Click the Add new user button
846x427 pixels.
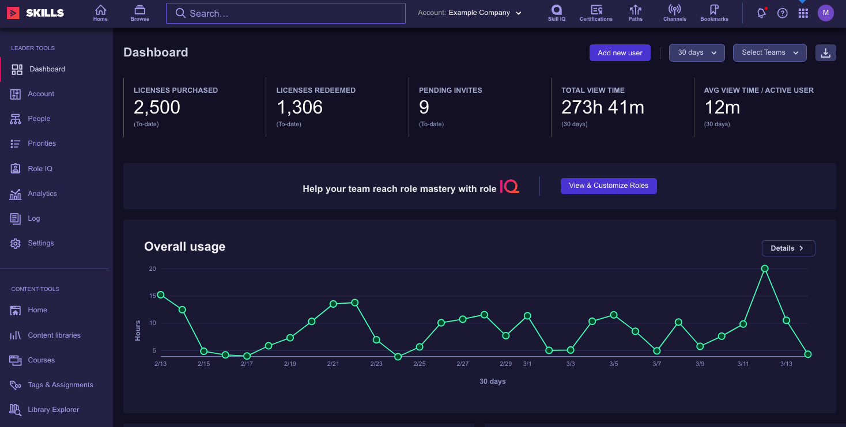(620, 53)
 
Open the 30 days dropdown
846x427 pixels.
(696, 53)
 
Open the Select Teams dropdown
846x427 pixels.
(769, 53)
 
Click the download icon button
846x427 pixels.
(825, 53)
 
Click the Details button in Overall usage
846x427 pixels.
(788, 248)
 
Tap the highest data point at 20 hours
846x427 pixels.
(765, 269)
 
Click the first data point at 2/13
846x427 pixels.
(161, 295)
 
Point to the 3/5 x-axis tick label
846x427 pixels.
(614, 364)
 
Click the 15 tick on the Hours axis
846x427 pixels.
(153, 296)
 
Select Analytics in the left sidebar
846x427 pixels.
(42, 194)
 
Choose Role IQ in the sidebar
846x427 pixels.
(40, 169)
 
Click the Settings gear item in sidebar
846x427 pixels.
(40, 243)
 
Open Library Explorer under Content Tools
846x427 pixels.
(53, 410)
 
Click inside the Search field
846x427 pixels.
(285, 13)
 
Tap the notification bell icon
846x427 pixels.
(761, 13)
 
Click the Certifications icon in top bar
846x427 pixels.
(596, 13)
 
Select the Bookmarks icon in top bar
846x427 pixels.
(714, 13)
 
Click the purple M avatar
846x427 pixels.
(825, 13)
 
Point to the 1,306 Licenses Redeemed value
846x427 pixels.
(300, 108)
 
